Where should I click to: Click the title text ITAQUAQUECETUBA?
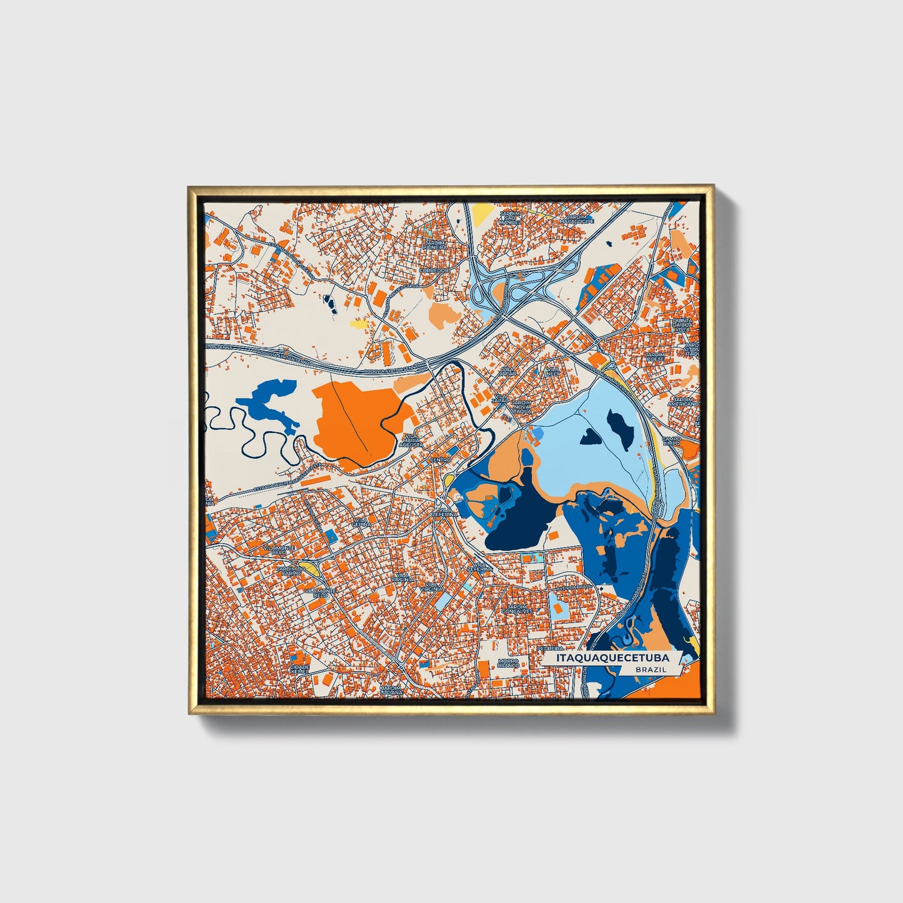point(605,658)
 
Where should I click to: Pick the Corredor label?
point(434,270)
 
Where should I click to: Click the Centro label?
point(441,460)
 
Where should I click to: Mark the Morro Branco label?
point(508,663)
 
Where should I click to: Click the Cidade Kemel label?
point(300,669)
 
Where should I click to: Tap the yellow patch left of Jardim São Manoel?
point(481,214)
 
